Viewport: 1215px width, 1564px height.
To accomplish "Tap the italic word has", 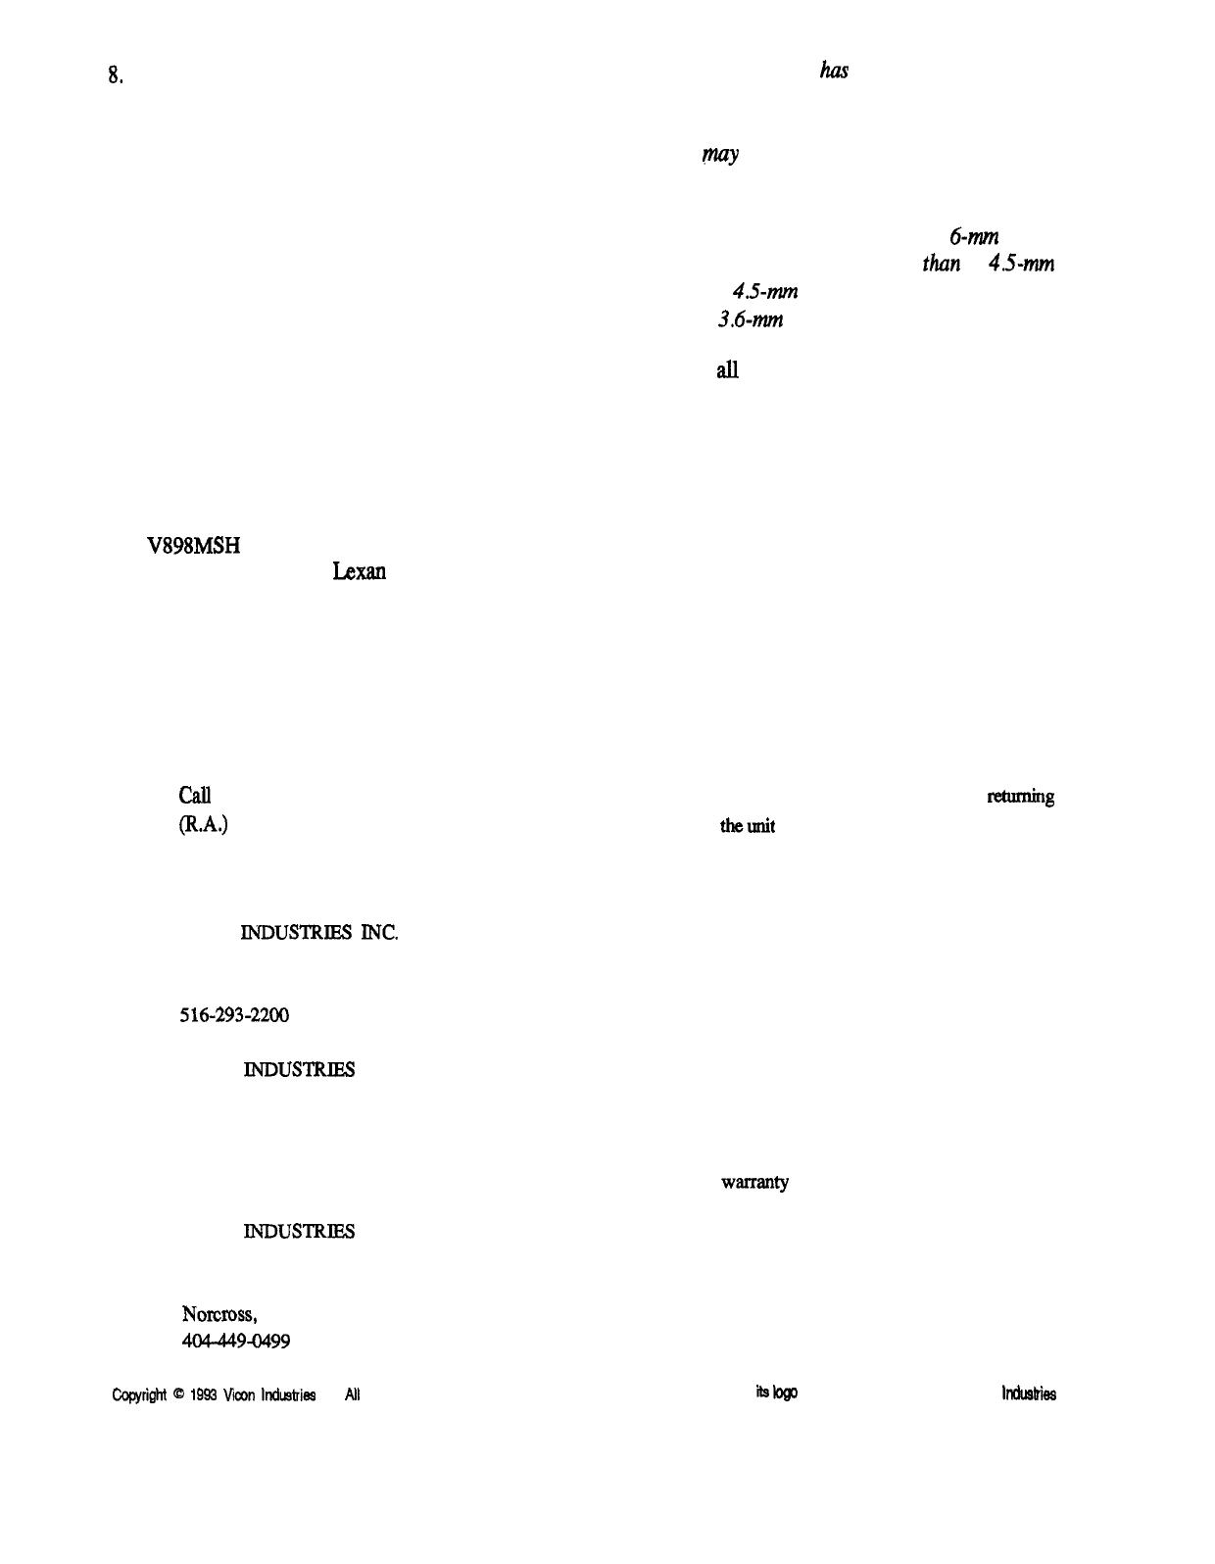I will (833, 71).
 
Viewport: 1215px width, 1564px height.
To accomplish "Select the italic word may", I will (719, 156).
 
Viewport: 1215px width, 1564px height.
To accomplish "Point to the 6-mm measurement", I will (973, 235).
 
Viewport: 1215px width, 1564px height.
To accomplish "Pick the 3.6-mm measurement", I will (750, 318).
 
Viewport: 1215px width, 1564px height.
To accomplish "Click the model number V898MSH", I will (192, 549).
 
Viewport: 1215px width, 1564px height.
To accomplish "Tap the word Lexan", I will (359, 571).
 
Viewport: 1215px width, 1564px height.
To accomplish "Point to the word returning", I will (1020, 797).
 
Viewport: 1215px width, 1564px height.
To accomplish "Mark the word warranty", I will (754, 1183).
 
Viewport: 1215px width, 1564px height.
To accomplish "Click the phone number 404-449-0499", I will (235, 1341).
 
